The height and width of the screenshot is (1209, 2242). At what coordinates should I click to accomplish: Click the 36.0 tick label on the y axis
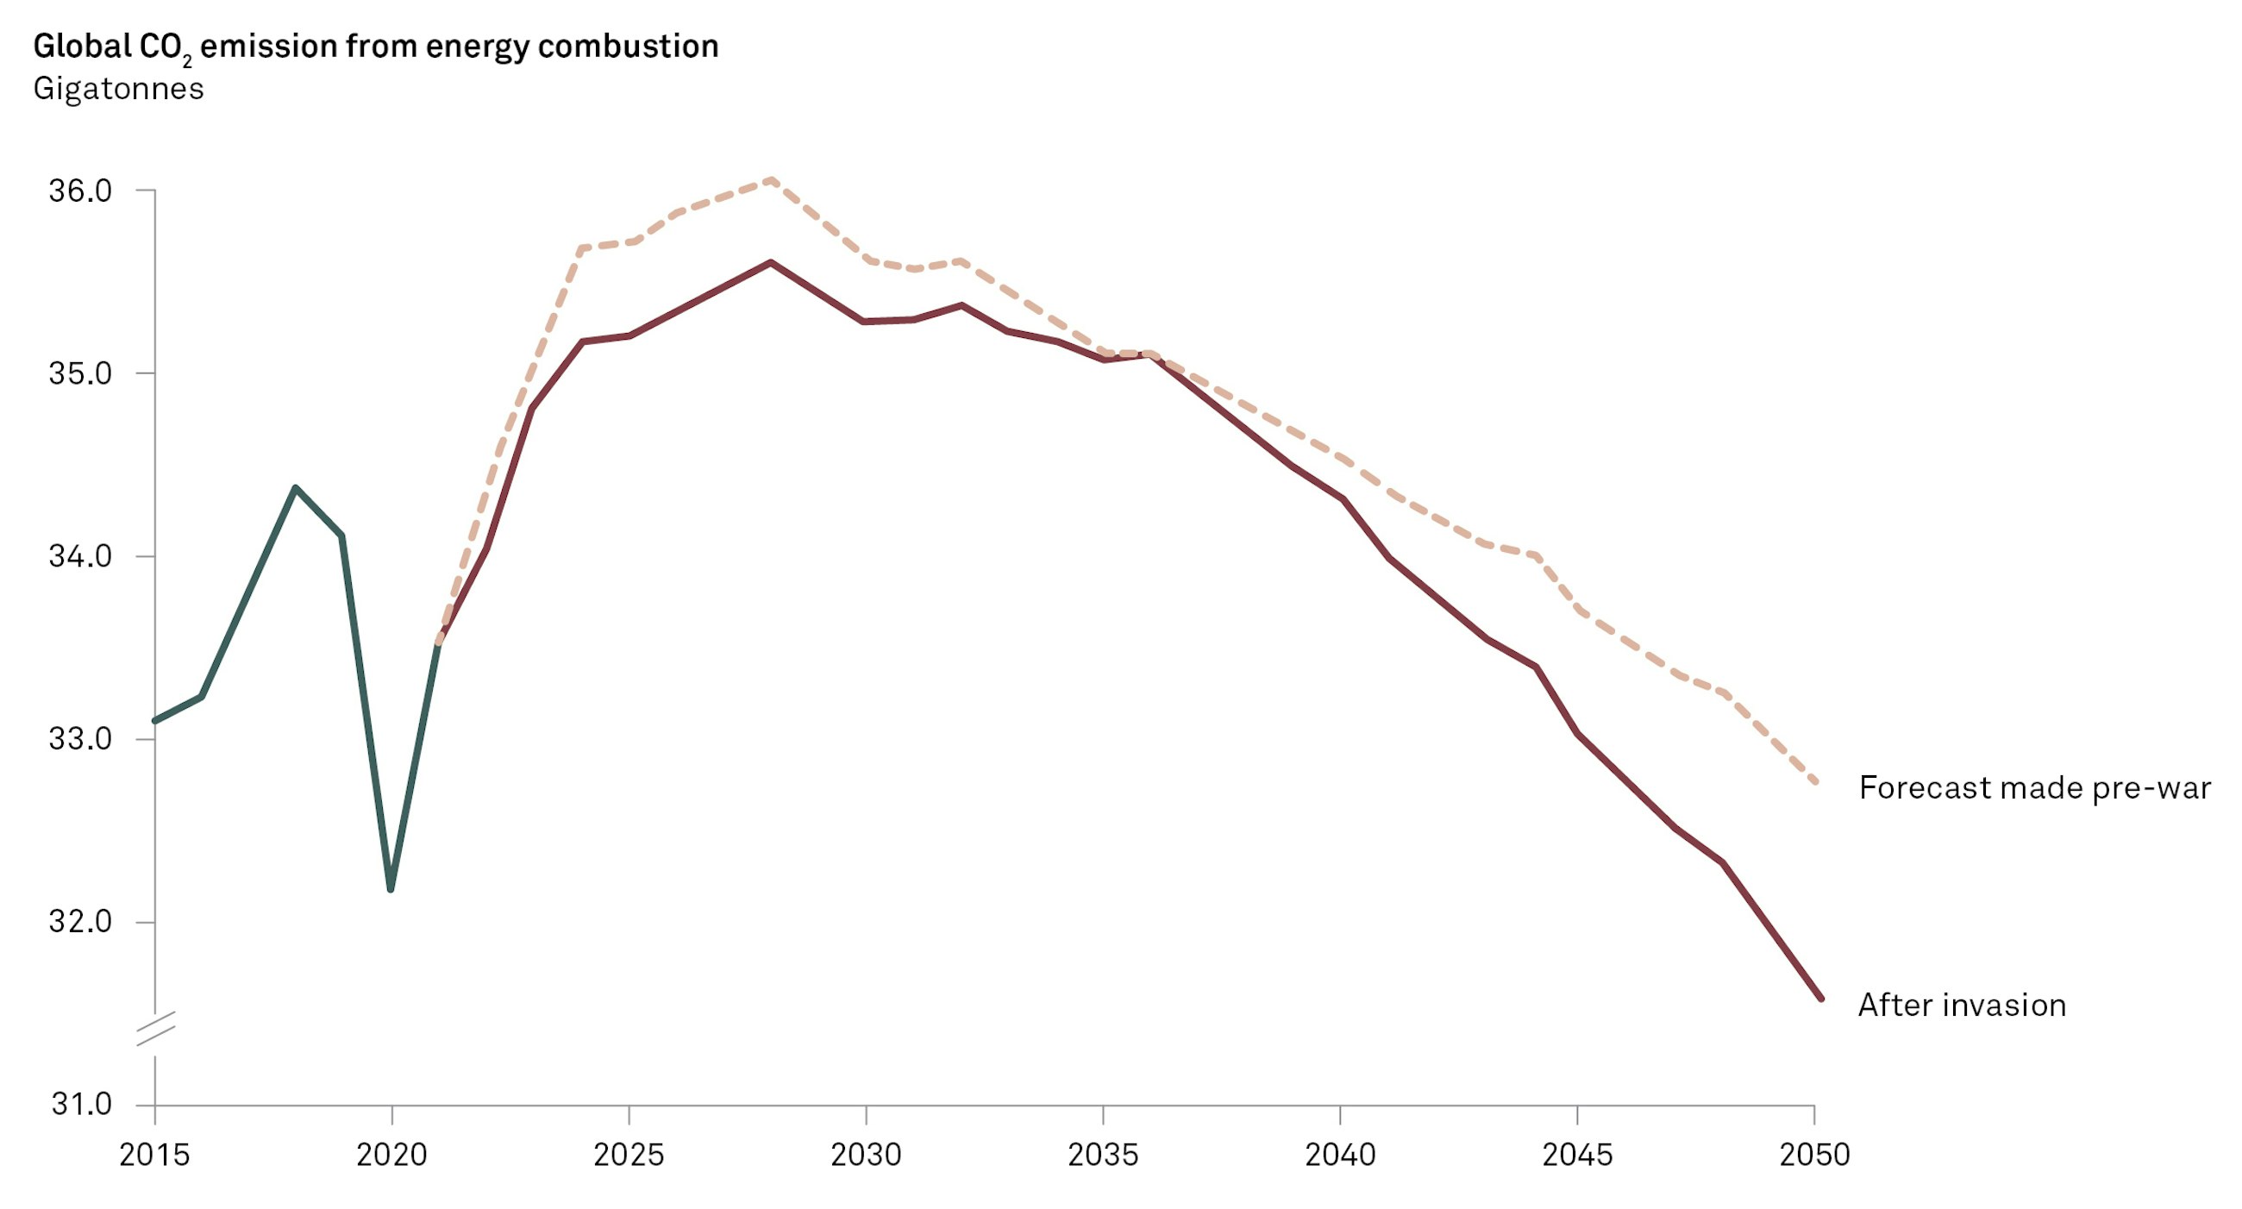(x=80, y=191)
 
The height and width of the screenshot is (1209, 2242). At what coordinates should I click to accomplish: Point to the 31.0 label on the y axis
(x=82, y=1104)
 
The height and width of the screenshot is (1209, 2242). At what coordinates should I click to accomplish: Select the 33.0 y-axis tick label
(x=80, y=739)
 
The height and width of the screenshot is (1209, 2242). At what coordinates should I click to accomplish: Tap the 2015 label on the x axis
(x=154, y=1154)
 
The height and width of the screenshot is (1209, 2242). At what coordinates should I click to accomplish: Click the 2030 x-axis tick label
(x=865, y=1154)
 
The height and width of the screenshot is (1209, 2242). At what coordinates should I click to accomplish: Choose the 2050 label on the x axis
(x=1813, y=1154)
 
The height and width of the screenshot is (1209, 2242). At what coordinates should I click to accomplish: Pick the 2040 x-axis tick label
(x=1339, y=1154)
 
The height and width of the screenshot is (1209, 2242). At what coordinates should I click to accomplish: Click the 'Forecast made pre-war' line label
(x=2034, y=787)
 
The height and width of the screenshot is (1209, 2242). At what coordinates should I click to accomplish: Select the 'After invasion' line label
(x=1962, y=1005)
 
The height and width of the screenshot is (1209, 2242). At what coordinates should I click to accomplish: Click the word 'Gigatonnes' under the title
(x=118, y=89)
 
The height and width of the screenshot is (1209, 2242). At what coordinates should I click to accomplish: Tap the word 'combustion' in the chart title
(x=628, y=46)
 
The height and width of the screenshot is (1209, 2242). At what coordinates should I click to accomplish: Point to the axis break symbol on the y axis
(x=156, y=1028)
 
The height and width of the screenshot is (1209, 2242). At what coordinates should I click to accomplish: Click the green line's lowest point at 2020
(x=391, y=889)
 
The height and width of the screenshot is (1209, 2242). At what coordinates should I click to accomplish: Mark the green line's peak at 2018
(x=296, y=488)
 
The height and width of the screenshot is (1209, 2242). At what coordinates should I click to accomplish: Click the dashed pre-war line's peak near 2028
(x=770, y=180)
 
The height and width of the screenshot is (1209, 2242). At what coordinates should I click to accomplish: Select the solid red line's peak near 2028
(x=770, y=262)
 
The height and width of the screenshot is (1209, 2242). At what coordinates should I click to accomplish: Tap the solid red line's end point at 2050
(x=1819, y=998)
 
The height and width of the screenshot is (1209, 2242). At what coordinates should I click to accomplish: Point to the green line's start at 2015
(x=155, y=721)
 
